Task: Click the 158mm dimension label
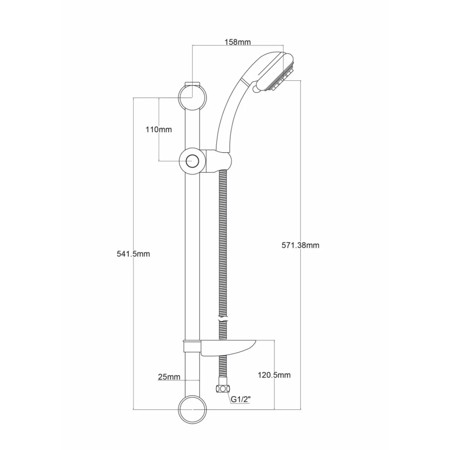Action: (x=237, y=42)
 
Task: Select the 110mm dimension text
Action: (x=159, y=130)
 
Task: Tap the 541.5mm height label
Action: (x=133, y=254)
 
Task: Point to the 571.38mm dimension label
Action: (x=300, y=245)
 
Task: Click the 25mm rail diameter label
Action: (x=169, y=377)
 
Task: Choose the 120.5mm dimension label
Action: (x=274, y=375)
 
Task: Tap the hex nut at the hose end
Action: (x=223, y=389)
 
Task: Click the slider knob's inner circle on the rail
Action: (x=192, y=161)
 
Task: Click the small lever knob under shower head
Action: (x=256, y=88)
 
